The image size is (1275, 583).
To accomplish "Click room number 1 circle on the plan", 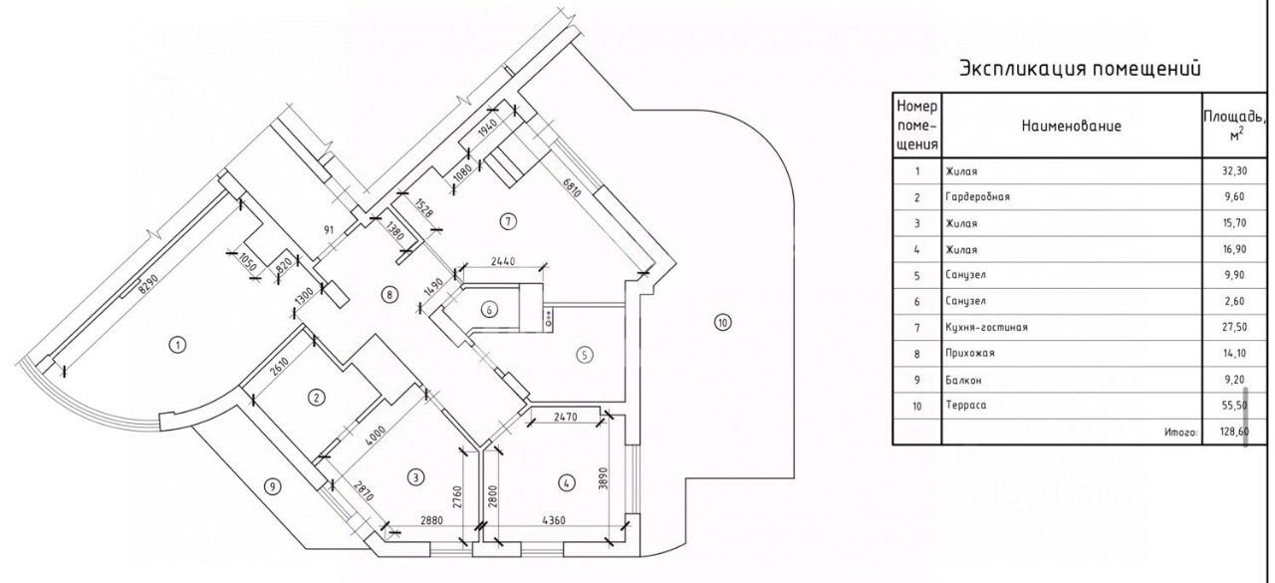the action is pos(176,346).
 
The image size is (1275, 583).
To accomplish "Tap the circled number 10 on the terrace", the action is pos(722,322).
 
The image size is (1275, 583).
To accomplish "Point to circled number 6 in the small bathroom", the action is pos(488,309).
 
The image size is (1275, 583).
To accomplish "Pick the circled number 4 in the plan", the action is pos(567,483).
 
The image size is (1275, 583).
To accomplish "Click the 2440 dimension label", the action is pos(503,262).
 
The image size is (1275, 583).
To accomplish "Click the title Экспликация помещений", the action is pos(1081,70).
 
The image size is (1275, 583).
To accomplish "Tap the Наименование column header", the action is pos(1072,127).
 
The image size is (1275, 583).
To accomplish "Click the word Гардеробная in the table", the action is pos(978,197).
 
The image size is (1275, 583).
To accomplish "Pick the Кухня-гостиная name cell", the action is pos(986,327).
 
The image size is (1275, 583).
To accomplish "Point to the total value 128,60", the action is pos(1227,433).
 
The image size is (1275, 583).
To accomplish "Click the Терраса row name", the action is pos(967,406).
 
